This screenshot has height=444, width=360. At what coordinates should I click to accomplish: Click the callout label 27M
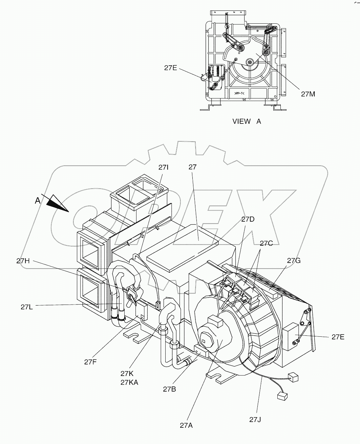pos(308,94)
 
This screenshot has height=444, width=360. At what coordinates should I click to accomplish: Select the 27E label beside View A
pos(171,67)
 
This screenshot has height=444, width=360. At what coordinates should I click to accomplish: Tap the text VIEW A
pos(247,121)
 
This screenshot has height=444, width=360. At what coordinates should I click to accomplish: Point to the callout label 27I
pos(163,167)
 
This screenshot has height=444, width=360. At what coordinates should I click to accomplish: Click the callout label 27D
pos(248,219)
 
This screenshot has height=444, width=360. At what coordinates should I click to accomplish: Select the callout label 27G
pos(294,260)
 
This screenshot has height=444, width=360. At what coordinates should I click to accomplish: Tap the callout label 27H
pos(23,261)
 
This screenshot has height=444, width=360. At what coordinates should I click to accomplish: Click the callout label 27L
pos(27,307)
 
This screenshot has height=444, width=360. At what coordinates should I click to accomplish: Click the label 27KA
pos(129,382)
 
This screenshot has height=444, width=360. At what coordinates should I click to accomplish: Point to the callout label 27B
pos(169,389)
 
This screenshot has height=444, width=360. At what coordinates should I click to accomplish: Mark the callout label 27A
pos(187,425)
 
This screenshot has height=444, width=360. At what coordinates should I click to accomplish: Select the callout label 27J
pos(256,420)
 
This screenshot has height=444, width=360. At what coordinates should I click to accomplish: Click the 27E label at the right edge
pos(338,337)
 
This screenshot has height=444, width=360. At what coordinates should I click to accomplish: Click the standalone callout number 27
pos(193,167)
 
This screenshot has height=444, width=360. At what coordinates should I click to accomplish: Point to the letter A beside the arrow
pos(38,201)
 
